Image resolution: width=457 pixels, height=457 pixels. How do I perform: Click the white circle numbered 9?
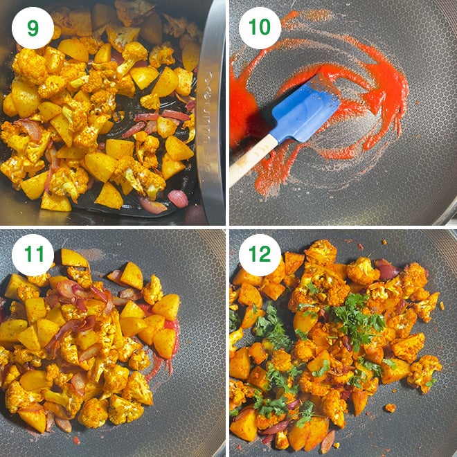tap(33, 28)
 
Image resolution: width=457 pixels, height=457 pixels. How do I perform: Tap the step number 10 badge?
tap(260, 28)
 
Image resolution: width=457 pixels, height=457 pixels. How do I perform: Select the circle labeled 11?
tap(33, 255)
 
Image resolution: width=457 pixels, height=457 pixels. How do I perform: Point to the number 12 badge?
tap(260, 255)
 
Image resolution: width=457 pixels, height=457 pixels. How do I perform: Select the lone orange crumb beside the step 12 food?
tap(391, 408)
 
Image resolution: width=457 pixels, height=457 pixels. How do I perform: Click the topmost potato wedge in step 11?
tap(74, 258)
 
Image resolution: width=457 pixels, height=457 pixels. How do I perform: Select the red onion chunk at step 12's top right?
tap(387, 269)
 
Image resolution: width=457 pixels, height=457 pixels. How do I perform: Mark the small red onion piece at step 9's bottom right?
tap(178, 198)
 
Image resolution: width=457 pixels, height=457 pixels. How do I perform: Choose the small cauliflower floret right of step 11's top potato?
tap(152, 289)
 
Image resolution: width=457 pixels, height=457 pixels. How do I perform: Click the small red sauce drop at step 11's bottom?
tap(76, 439)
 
